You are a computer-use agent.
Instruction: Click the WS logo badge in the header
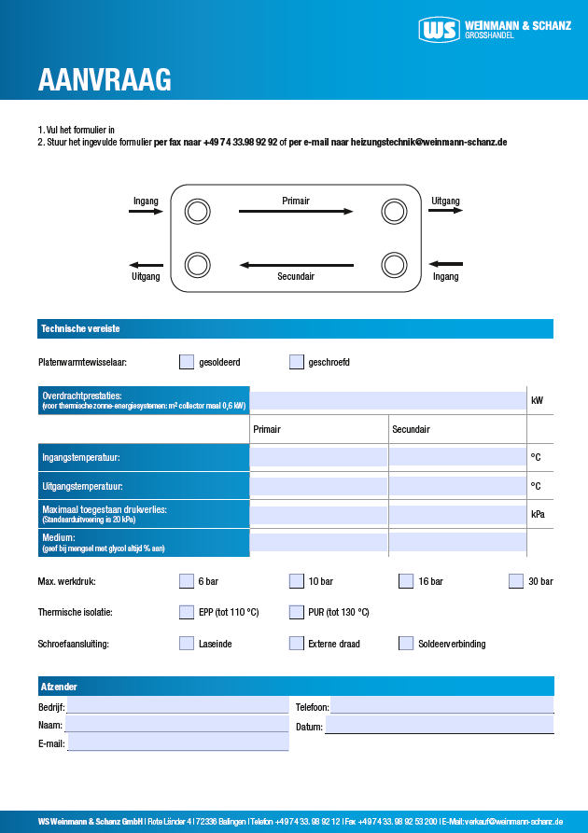[440, 30]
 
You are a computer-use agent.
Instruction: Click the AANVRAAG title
[105, 81]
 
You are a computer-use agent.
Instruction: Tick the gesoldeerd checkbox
[187, 362]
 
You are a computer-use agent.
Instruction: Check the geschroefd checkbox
[297, 362]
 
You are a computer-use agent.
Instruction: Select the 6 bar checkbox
[187, 581]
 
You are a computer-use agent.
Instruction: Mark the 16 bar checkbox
[406, 581]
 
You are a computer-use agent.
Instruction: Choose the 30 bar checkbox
[516, 581]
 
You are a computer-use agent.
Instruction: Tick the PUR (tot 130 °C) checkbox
[297, 613]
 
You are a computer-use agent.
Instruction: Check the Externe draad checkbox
[297, 644]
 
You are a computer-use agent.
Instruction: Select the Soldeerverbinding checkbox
[406, 644]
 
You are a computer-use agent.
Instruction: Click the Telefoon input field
[441, 706]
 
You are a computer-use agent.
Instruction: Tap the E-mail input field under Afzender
[177, 743]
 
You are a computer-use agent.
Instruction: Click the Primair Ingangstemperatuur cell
[318, 457]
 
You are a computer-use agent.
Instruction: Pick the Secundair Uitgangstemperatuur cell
[456, 486]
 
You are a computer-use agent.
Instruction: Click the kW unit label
[538, 401]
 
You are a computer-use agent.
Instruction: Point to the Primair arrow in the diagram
[296, 212]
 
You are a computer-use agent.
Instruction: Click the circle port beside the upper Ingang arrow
[196, 212]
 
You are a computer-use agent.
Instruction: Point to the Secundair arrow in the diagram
[296, 266]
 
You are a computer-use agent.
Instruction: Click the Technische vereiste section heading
[80, 329]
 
